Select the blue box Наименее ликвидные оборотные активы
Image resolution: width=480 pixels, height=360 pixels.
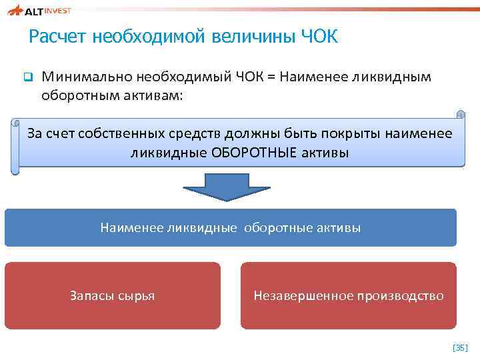[230, 228]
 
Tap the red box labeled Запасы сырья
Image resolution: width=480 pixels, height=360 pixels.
[112, 295]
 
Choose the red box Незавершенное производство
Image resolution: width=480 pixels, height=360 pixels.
[348, 295]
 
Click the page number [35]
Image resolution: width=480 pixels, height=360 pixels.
[460, 347]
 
